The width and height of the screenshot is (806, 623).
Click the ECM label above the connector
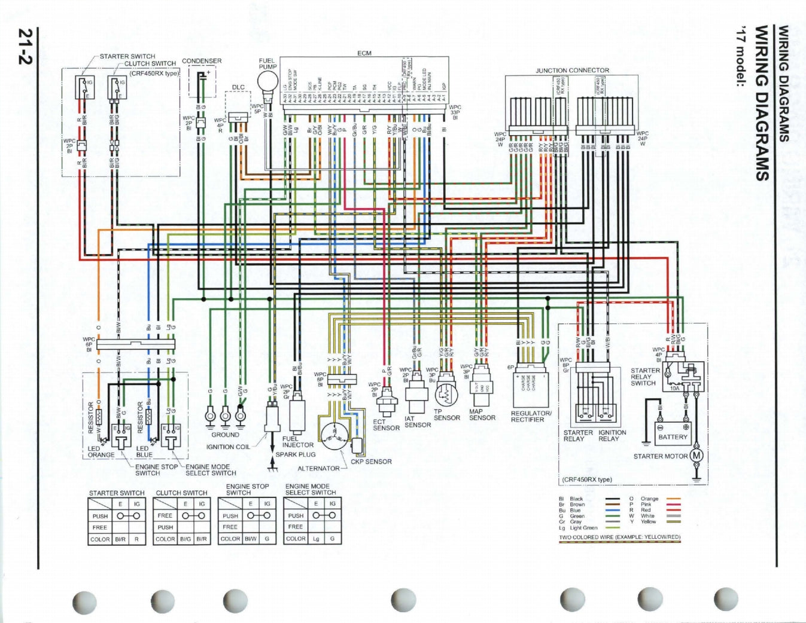pyautogui.click(x=364, y=53)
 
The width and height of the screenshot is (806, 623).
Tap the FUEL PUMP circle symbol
pyautogui.click(x=267, y=81)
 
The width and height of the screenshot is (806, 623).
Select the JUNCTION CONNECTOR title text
pyautogui.click(x=571, y=70)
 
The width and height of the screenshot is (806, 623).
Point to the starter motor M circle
pyautogui.click(x=696, y=456)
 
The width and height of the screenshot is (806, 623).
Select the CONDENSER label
pyautogui.click(x=202, y=61)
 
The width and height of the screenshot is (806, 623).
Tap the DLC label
pyautogui.click(x=238, y=87)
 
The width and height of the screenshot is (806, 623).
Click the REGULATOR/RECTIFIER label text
pyautogui.click(x=531, y=416)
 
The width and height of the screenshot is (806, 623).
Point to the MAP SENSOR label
pyautogui.click(x=482, y=414)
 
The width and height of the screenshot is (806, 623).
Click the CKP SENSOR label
pyautogui.click(x=371, y=462)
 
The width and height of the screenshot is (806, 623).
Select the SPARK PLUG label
pyautogui.click(x=296, y=454)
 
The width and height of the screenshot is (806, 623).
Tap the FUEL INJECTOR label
pyautogui.click(x=297, y=442)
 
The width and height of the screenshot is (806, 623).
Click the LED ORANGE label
pyautogui.click(x=101, y=451)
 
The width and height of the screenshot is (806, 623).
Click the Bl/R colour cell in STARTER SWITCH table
pyautogui.click(x=120, y=539)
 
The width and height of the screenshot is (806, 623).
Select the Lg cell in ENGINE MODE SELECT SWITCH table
pyautogui.click(x=315, y=538)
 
